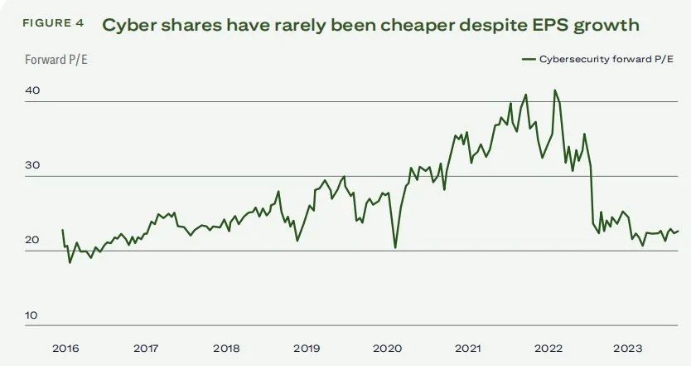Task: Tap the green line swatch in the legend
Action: click(x=529, y=59)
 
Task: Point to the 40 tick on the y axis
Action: click(x=32, y=91)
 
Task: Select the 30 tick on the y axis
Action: click(x=32, y=166)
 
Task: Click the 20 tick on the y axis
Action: click(x=32, y=241)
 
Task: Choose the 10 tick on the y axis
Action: click(x=32, y=315)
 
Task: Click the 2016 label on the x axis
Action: click(x=66, y=349)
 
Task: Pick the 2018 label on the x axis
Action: click(x=227, y=349)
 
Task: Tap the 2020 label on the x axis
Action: click(x=388, y=349)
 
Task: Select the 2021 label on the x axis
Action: click(x=468, y=349)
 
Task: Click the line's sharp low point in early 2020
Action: click(x=395, y=247)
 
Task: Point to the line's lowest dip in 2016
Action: click(x=70, y=262)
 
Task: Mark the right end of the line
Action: click(x=679, y=231)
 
